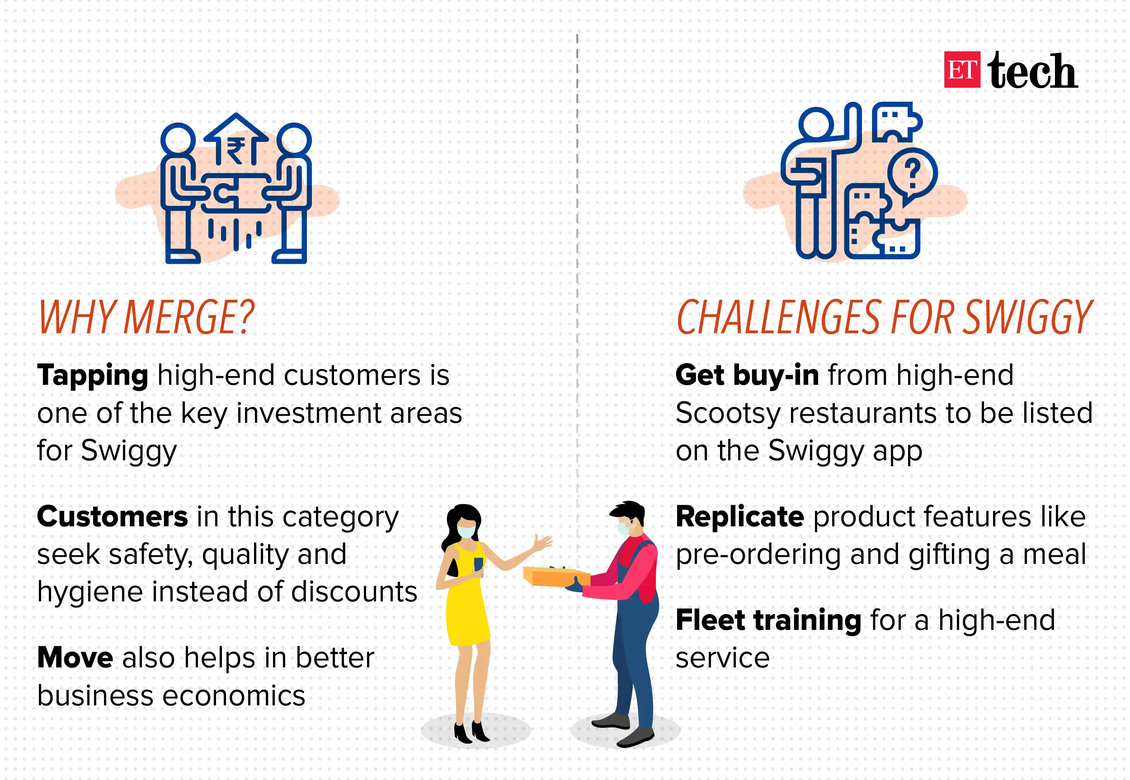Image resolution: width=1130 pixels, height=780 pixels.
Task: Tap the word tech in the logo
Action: (1032, 71)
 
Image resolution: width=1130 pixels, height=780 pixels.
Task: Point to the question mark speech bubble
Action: (912, 174)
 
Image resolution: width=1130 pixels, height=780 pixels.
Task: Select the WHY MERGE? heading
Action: (146, 318)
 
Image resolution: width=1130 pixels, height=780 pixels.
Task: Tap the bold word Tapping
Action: (92, 375)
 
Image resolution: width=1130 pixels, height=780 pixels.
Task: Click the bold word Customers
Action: (113, 516)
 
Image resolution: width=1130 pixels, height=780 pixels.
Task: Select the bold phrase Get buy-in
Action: (747, 375)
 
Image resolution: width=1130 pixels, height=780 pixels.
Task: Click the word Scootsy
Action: (728, 413)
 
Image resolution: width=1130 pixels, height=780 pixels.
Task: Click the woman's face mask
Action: (466, 531)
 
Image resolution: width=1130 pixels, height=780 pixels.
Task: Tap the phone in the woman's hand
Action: (478, 564)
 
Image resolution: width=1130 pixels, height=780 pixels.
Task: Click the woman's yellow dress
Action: (466, 611)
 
